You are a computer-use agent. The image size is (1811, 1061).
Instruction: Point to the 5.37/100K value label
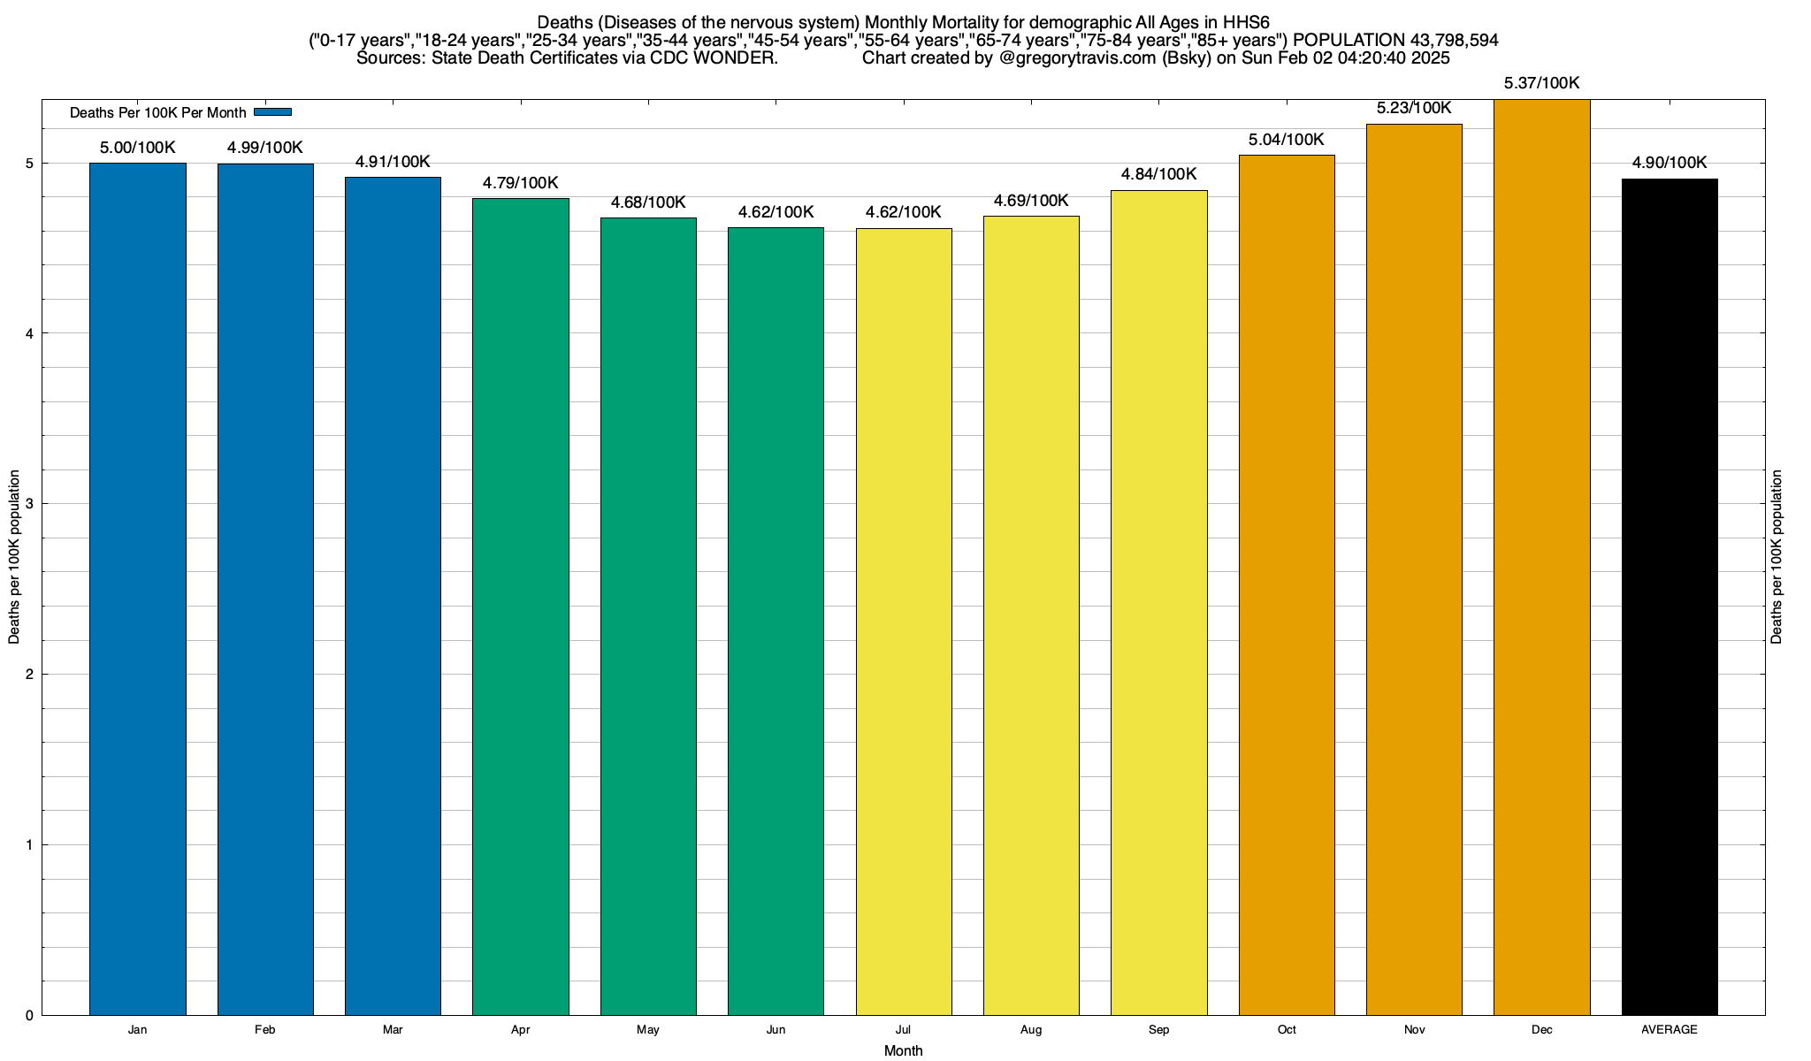pos(1541,84)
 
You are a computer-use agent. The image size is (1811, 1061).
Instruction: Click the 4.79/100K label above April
pos(520,183)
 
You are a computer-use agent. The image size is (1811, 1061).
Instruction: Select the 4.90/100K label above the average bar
pos(1670,163)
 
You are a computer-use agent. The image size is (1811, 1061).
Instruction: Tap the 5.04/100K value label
pos(1286,140)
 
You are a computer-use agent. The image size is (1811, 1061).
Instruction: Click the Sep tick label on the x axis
pos(1158,1030)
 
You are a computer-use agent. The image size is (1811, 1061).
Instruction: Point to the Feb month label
pos(264,1030)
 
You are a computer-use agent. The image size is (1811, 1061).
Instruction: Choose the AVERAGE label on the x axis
pos(1670,1030)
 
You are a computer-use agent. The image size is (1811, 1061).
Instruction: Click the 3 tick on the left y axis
pos(29,504)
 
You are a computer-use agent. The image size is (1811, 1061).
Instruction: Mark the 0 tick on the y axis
pos(29,1016)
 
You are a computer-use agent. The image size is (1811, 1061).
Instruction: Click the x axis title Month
pos(903,1051)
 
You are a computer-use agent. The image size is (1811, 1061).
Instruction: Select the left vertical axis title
pos(14,557)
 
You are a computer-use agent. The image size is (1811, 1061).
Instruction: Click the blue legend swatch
pos(272,111)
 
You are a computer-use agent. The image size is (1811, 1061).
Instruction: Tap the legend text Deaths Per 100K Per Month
pos(157,113)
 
